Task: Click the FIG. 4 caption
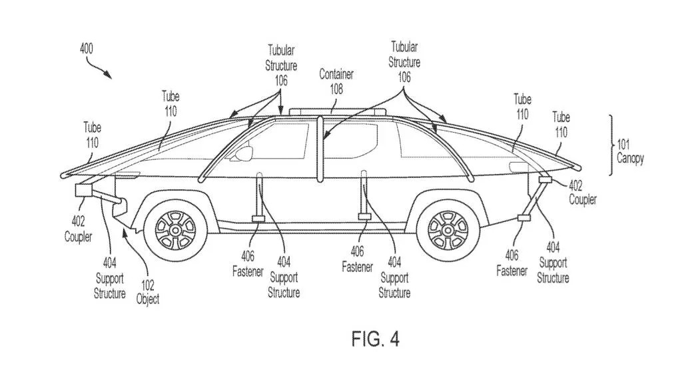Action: pyautogui.click(x=376, y=339)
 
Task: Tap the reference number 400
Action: pyautogui.click(x=87, y=48)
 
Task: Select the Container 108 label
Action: pyautogui.click(x=336, y=81)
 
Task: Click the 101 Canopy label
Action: pyautogui.click(x=630, y=151)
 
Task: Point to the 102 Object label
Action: pyautogui.click(x=148, y=292)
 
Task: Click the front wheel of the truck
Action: pyautogui.click(x=175, y=230)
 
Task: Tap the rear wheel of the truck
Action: pyautogui.click(x=448, y=229)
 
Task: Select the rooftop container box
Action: pyautogui.click(x=337, y=112)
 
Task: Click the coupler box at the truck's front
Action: pyautogui.click(x=85, y=190)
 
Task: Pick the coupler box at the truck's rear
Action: pyautogui.click(x=545, y=179)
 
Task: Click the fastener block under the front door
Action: pyautogui.click(x=258, y=219)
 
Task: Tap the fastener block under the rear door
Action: pyautogui.click(x=364, y=217)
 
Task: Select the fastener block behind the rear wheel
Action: pyautogui.click(x=523, y=217)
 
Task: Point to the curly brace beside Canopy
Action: pyautogui.click(x=611, y=145)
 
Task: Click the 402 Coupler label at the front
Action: pyautogui.click(x=79, y=229)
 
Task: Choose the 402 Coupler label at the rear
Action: pyautogui.click(x=582, y=193)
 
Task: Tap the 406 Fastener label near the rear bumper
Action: pyautogui.click(x=512, y=263)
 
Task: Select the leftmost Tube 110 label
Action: pyautogui.click(x=92, y=135)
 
